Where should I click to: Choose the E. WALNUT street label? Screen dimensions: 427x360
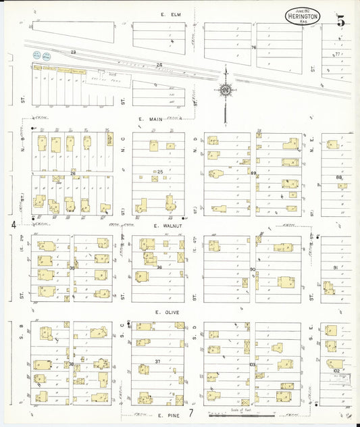(x=165, y=226)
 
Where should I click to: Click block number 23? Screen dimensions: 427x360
(x=74, y=52)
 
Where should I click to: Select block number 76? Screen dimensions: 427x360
(x=254, y=47)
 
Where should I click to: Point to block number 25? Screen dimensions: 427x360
(x=160, y=172)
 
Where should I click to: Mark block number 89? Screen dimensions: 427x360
(x=254, y=174)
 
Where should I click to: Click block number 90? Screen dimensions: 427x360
(x=253, y=270)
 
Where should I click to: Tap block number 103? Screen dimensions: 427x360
(x=253, y=364)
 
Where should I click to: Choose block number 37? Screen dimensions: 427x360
(x=157, y=361)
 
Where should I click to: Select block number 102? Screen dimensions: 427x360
(x=336, y=370)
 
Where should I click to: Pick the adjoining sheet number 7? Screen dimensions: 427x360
(x=192, y=413)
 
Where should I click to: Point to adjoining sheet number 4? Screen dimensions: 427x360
(x=12, y=224)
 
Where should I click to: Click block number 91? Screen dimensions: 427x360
(x=335, y=268)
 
